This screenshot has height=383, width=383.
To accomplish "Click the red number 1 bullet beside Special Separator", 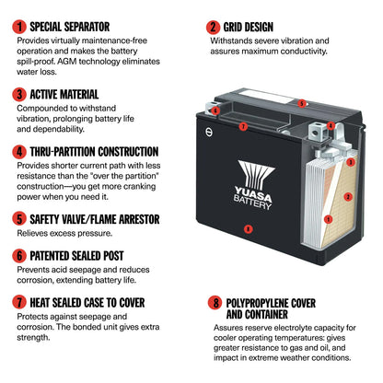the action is pyautogui.click(x=19, y=27).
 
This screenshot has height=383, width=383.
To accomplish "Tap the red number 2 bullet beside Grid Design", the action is pyautogui.click(x=213, y=27).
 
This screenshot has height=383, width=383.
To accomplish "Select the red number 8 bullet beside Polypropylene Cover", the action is pyautogui.click(x=215, y=303).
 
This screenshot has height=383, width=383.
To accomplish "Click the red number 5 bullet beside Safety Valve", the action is pyautogui.click(x=19, y=219).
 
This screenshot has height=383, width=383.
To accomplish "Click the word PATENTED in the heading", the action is pyautogui.click(x=49, y=256).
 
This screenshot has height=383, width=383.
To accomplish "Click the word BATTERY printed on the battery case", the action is pyautogui.click(x=252, y=203).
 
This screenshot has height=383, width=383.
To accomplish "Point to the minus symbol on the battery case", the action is pyautogui.click(x=209, y=132).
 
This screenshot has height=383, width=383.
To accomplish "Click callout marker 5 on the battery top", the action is pyautogui.click(x=302, y=103).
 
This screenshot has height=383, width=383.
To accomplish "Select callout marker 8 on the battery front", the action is pyautogui.click(x=248, y=228).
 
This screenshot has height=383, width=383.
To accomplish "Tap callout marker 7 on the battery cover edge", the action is pyautogui.click(x=243, y=126).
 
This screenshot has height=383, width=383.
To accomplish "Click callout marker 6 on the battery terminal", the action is pyautogui.click(x=215, y=110).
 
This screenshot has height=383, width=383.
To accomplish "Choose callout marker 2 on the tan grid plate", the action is pyautogui.click(x=348, y=197).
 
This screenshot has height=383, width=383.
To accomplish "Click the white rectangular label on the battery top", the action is pyautogui.click(x=265, y=96).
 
